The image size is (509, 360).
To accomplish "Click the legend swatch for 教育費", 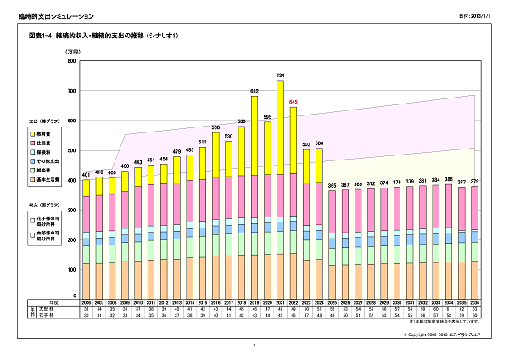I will coord(32,134).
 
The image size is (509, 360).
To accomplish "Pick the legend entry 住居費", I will coord(48,146).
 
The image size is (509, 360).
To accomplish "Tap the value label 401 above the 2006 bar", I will coord(86,174).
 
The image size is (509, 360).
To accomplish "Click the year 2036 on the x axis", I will coord(474,301).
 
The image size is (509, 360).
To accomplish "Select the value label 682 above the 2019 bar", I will coord(255,91).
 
